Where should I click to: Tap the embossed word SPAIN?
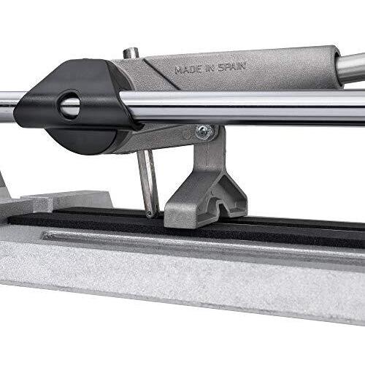point(232,67)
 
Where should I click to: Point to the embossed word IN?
point(210,69)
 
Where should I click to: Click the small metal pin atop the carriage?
point(131,53)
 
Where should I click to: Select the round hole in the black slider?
point(69,104)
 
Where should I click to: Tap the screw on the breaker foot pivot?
point(204,132)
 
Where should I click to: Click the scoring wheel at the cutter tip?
point(150,214)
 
